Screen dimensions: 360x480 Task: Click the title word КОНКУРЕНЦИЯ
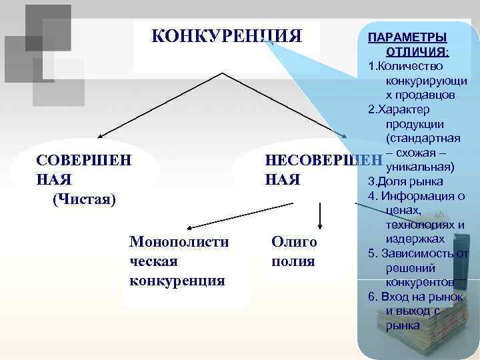[227, 35]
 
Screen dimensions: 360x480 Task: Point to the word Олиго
[294, 241]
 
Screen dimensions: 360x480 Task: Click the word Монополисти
[179, 241]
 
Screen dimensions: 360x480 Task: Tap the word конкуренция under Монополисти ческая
[177, 279]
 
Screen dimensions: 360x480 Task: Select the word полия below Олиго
[293, 261]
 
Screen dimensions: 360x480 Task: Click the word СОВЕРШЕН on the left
[84, 161]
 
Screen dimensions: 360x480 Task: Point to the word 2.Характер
[398, 109]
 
